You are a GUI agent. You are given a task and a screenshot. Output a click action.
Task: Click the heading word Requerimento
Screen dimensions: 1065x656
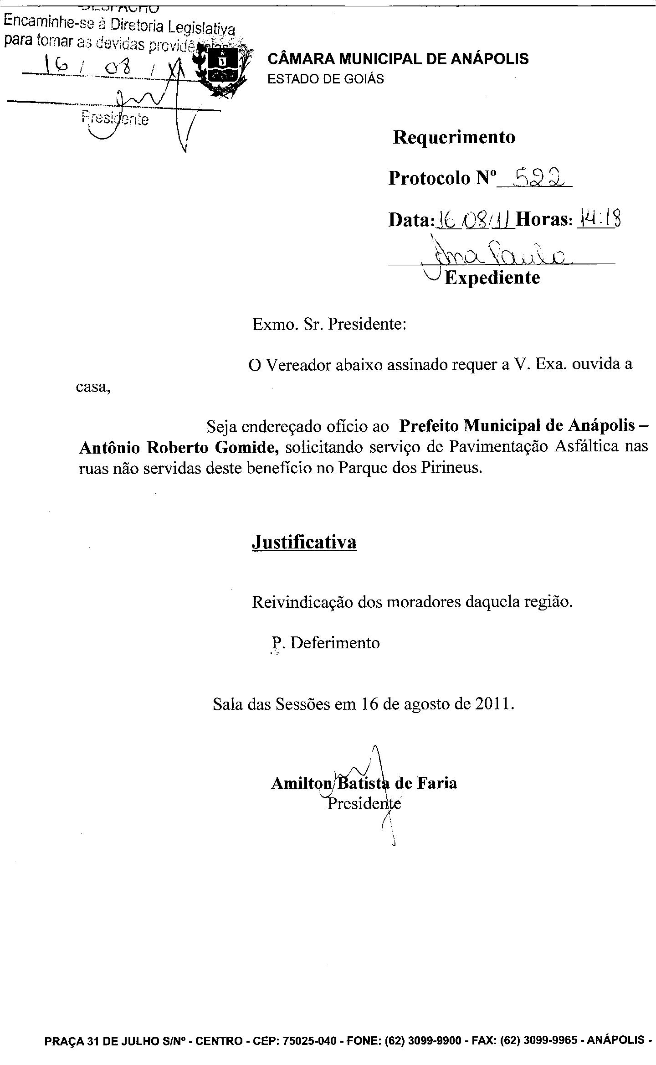click(454, 137)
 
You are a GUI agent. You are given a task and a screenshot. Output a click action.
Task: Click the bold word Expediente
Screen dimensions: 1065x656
click(492, 277)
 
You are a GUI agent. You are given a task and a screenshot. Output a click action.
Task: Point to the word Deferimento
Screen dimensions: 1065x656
click(335, 643)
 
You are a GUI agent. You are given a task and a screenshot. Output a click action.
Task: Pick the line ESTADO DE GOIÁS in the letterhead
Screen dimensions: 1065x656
click(325, 79)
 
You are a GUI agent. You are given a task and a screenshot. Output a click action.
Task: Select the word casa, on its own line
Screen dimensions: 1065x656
click(93, 388)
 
